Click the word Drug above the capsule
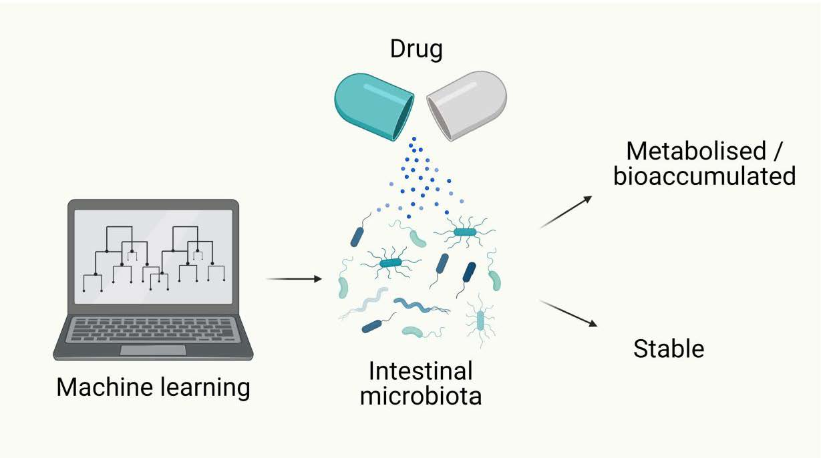tap(416, 49)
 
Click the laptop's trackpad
tap(153, 350)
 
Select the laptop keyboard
tap(153, 330)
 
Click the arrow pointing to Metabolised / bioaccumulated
tap(566, 212)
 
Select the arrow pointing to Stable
tap(568, 314)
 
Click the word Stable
tap(669, 349)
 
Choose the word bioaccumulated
tap(705, 176)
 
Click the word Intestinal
tap(420, 371)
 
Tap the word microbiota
tap(420, 396)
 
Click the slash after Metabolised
tap(776, 152)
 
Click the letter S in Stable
tap(640, 349)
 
